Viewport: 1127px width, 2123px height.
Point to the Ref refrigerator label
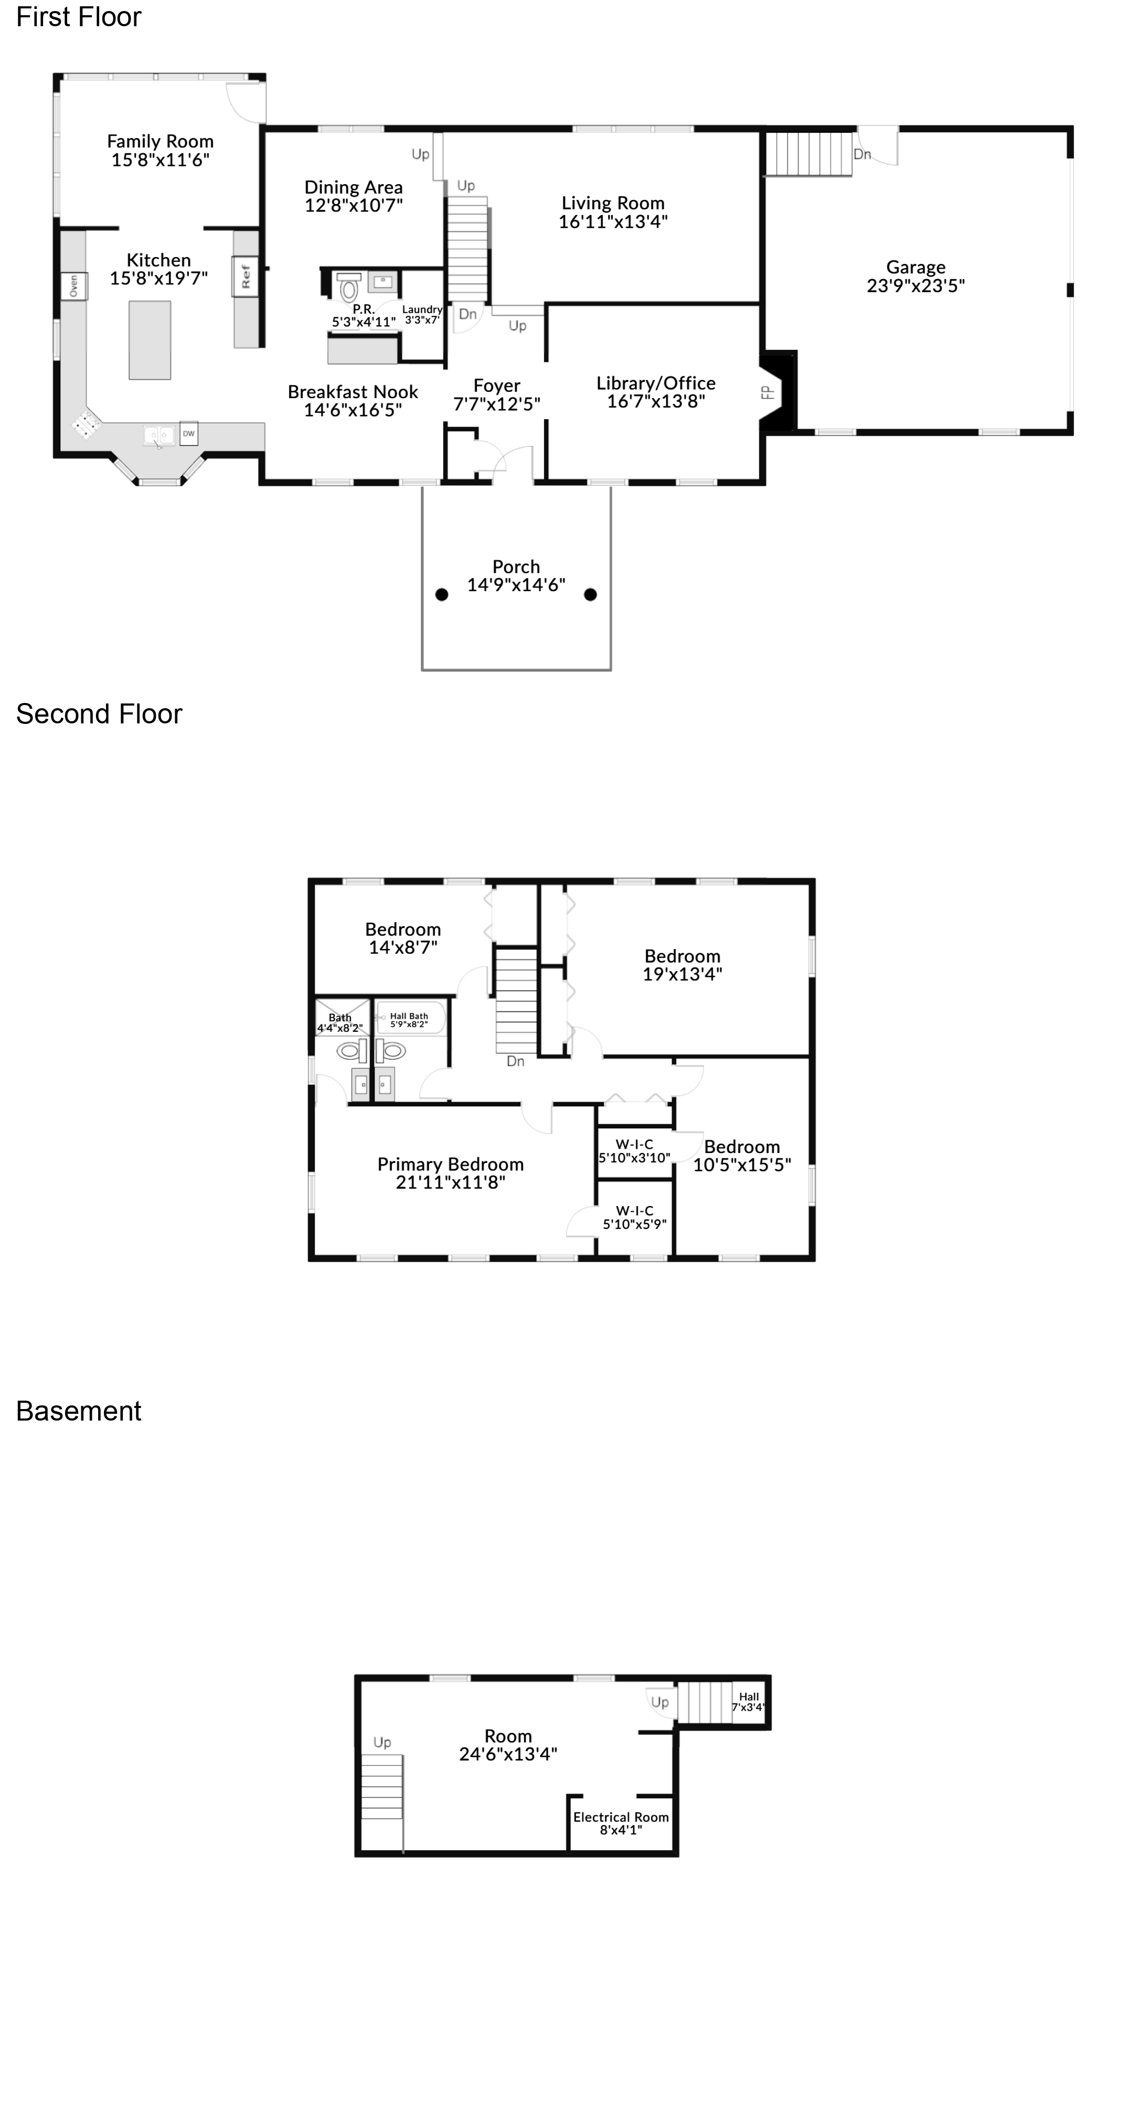pos(246,275)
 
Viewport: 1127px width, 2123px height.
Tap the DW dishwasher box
pos(189,433)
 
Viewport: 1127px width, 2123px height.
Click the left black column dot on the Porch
pos(442,594)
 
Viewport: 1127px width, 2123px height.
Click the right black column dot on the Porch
pos(590,594)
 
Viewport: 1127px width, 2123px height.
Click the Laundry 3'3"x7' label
pos(422,315)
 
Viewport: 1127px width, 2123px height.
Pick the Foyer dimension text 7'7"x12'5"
pos(496,404)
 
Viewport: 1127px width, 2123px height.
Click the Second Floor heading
pos(99,714)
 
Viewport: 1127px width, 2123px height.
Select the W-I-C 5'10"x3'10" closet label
pos(634,1150)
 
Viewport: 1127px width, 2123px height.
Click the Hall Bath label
pos(409,1019)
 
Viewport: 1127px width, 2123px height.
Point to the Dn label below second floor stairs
pos(515,1062)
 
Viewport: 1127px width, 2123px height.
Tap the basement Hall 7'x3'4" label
pos(749,1701)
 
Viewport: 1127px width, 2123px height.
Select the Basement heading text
pos(79,1411)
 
